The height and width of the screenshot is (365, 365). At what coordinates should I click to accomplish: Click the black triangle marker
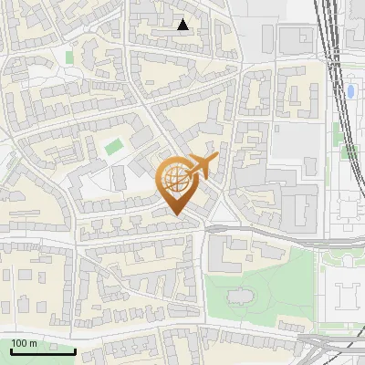pos(183,25)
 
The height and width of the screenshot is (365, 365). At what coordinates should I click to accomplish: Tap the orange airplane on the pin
pos(202,165)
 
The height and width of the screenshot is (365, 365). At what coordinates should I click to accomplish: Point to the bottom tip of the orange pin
pos(175,215)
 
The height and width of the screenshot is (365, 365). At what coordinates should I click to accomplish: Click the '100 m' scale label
pos(24,343)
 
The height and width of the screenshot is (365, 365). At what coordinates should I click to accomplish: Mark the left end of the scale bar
pos(11,350)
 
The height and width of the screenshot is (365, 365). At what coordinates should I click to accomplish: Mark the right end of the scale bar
pos(75,350)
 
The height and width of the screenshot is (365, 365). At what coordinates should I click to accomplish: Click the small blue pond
pos(350,91)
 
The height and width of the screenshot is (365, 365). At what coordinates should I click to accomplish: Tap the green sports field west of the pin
pos(113,146)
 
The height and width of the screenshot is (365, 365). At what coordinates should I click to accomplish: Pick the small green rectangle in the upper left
pos(69,57)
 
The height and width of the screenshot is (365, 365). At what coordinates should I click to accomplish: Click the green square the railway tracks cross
pos(349,151)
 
